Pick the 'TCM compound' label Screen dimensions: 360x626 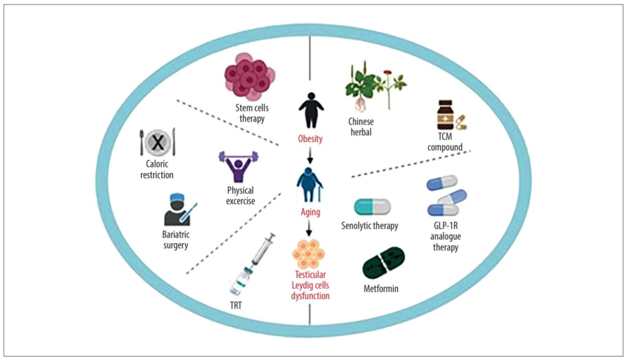pos(445,142)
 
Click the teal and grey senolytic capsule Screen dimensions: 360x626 pos(372,206)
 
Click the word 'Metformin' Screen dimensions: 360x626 pos(381,288)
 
